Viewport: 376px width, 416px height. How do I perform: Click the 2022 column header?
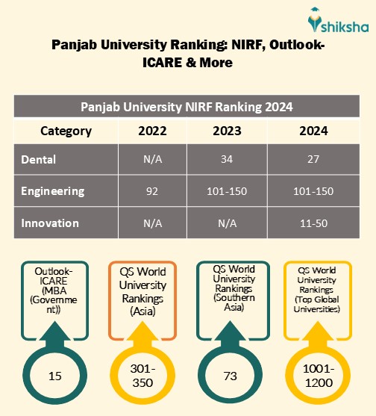(152, 131)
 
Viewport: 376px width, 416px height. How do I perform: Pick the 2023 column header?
(227, 131)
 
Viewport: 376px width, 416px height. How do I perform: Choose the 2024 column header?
(313, 131)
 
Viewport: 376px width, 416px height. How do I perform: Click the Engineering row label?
(52, 191)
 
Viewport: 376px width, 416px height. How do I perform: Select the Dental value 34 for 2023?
(227, 159)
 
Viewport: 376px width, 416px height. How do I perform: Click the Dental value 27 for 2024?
(313, 159)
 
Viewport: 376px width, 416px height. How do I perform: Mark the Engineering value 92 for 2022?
(152, 191)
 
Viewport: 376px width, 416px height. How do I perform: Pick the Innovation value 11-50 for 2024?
(313, 223)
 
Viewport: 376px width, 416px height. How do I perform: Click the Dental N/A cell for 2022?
(152, 159)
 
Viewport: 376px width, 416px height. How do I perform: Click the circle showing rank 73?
(229, 376)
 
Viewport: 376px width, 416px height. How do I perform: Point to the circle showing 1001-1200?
(319, 376)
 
